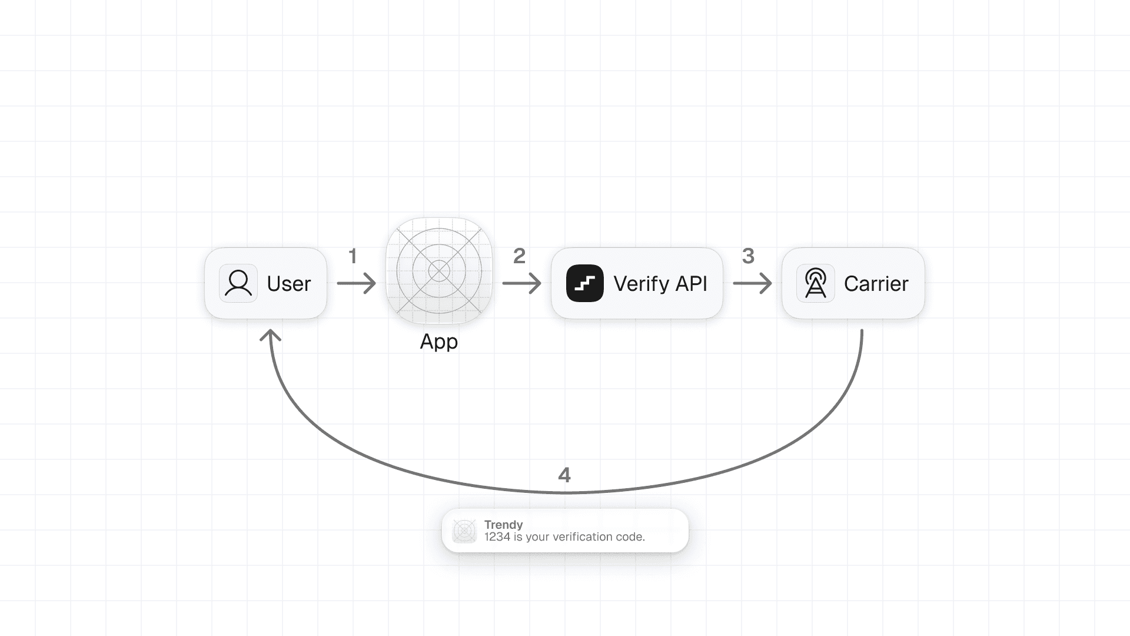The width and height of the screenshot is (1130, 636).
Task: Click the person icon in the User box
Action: click(x=238, y=283)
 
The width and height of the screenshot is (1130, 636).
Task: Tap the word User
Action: click(x=288, y=284)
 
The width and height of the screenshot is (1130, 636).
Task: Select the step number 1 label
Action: click(x=353, y=256)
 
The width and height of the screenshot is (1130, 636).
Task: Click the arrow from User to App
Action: click(x=357, y=283)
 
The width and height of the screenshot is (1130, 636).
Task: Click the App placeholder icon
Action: click(x=439, y=271)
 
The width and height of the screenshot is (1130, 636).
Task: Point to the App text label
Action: click(x=438, y=342)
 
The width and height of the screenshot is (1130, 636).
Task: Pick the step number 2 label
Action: click(x=519, y=256)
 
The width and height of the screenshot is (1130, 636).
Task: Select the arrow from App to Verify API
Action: click(x=522, y=283)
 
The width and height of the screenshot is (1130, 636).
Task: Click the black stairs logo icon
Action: click(x=584, y=283)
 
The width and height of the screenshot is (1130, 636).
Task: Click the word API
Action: click(x=691, y=284)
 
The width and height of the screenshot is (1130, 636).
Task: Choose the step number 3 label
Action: click(x=748, y=256)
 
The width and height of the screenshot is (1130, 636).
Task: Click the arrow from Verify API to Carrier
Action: click(x=753, y=283)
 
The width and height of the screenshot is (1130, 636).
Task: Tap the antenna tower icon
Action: click(x=815, y=283)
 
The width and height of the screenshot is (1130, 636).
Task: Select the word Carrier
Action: click(x=876, y=284)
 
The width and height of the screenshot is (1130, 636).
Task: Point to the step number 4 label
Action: click(x=564, y=475)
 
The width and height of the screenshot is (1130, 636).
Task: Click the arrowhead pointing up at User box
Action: click(x=271, y=336)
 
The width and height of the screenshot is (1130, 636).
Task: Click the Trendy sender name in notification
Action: click(x=503, y=525)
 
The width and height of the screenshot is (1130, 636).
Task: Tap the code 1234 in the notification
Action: click(x=497, y=537)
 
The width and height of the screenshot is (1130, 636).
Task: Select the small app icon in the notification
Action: click(x=464, y=531)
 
